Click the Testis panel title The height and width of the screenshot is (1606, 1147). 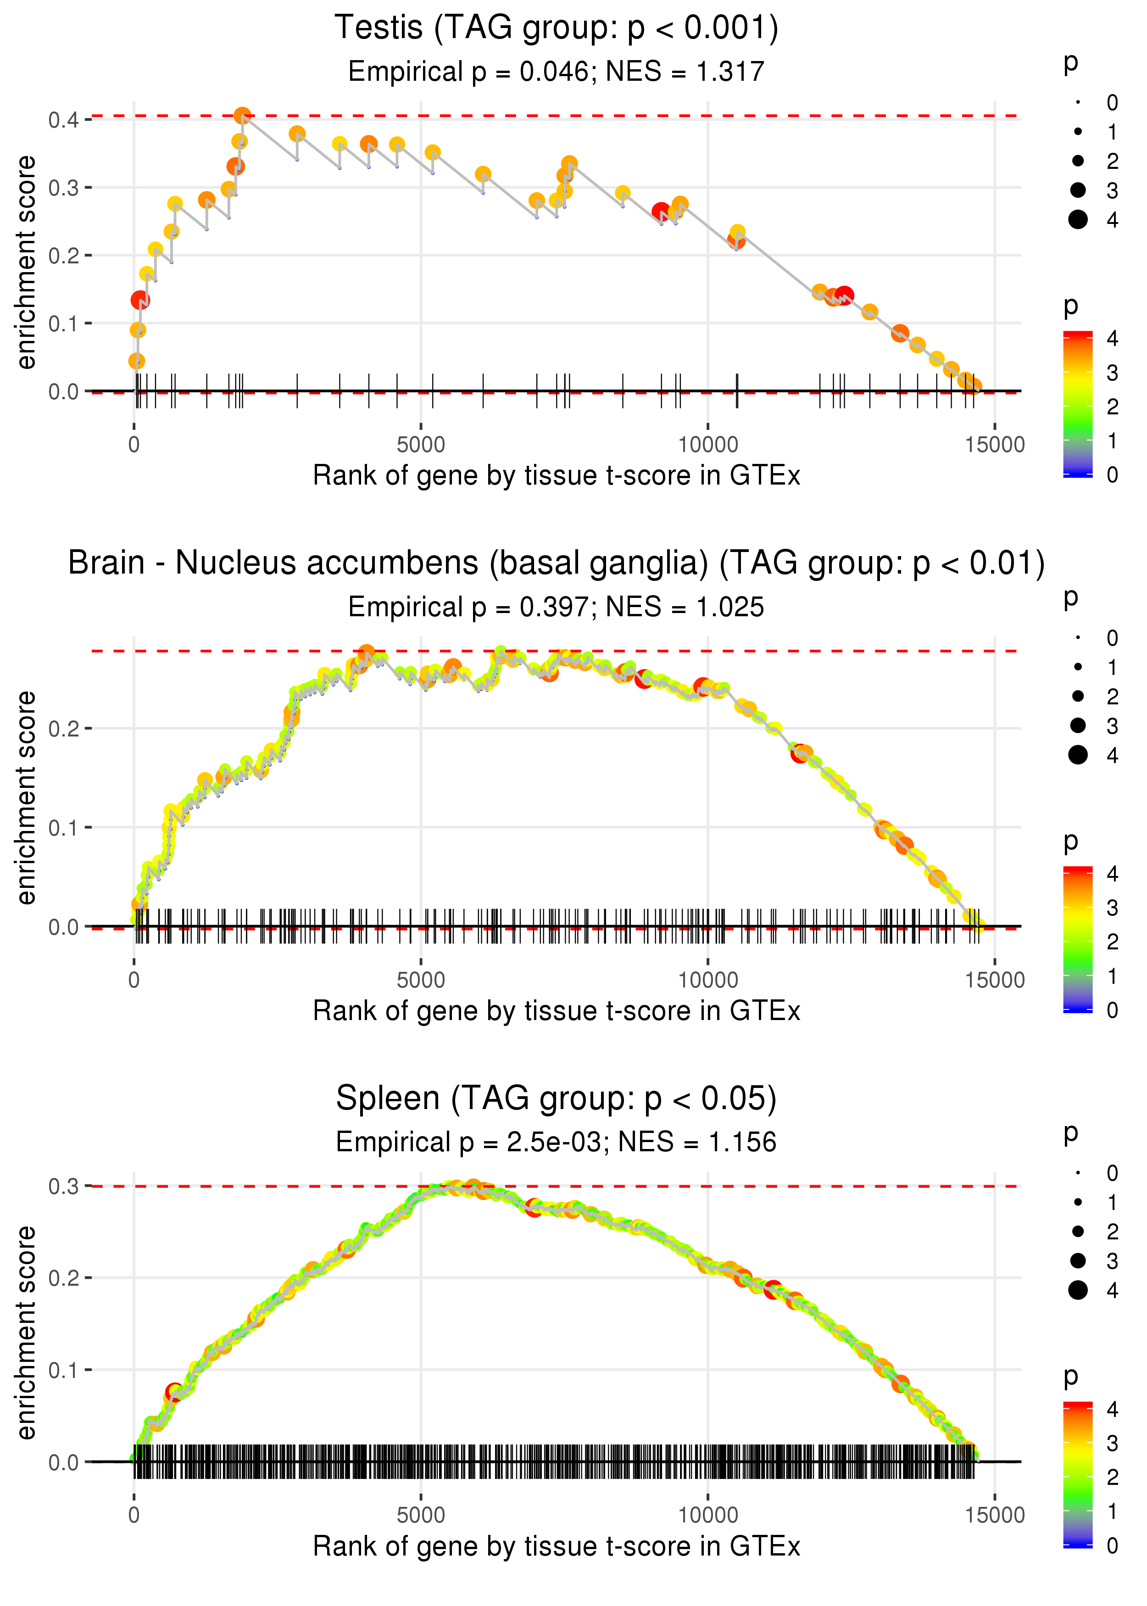pyautogui.click(x=556, y=28)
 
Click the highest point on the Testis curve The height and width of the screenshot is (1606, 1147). pyautogui.click(x=242, y=115)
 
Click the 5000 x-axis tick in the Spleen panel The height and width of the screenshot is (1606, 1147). pyautogui.click(x=421, y=1515)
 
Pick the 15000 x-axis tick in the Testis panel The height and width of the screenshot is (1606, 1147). pyautogui.click(x=994, y=445)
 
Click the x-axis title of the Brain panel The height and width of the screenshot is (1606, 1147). pyautogui.click(x=556, y=1011)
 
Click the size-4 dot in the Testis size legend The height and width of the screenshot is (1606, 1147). pyautogui.click(x=1078, y=220)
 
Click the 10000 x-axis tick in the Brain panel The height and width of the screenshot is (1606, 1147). pyautogui.click(x=707, y=980)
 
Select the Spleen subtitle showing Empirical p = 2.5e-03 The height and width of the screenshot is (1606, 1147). pyautogui.click(x=556, y=1142)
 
